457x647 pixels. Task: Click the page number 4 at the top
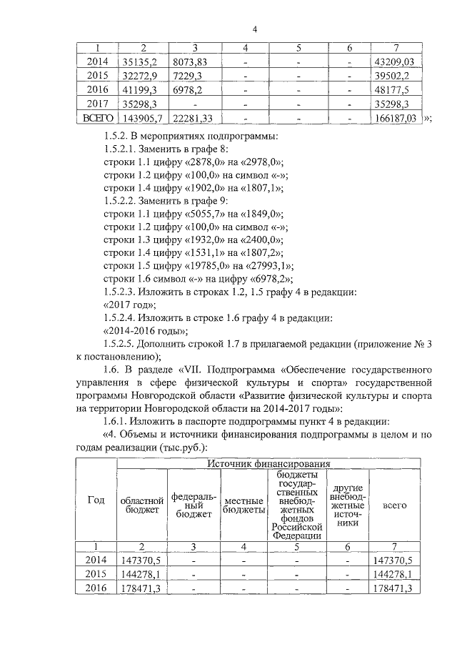(x=254, y=29)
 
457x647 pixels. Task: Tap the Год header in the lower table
(x=96, y=500)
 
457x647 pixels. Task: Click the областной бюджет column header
(x=142, y=505)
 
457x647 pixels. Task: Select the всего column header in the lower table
(x=395, y=505)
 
